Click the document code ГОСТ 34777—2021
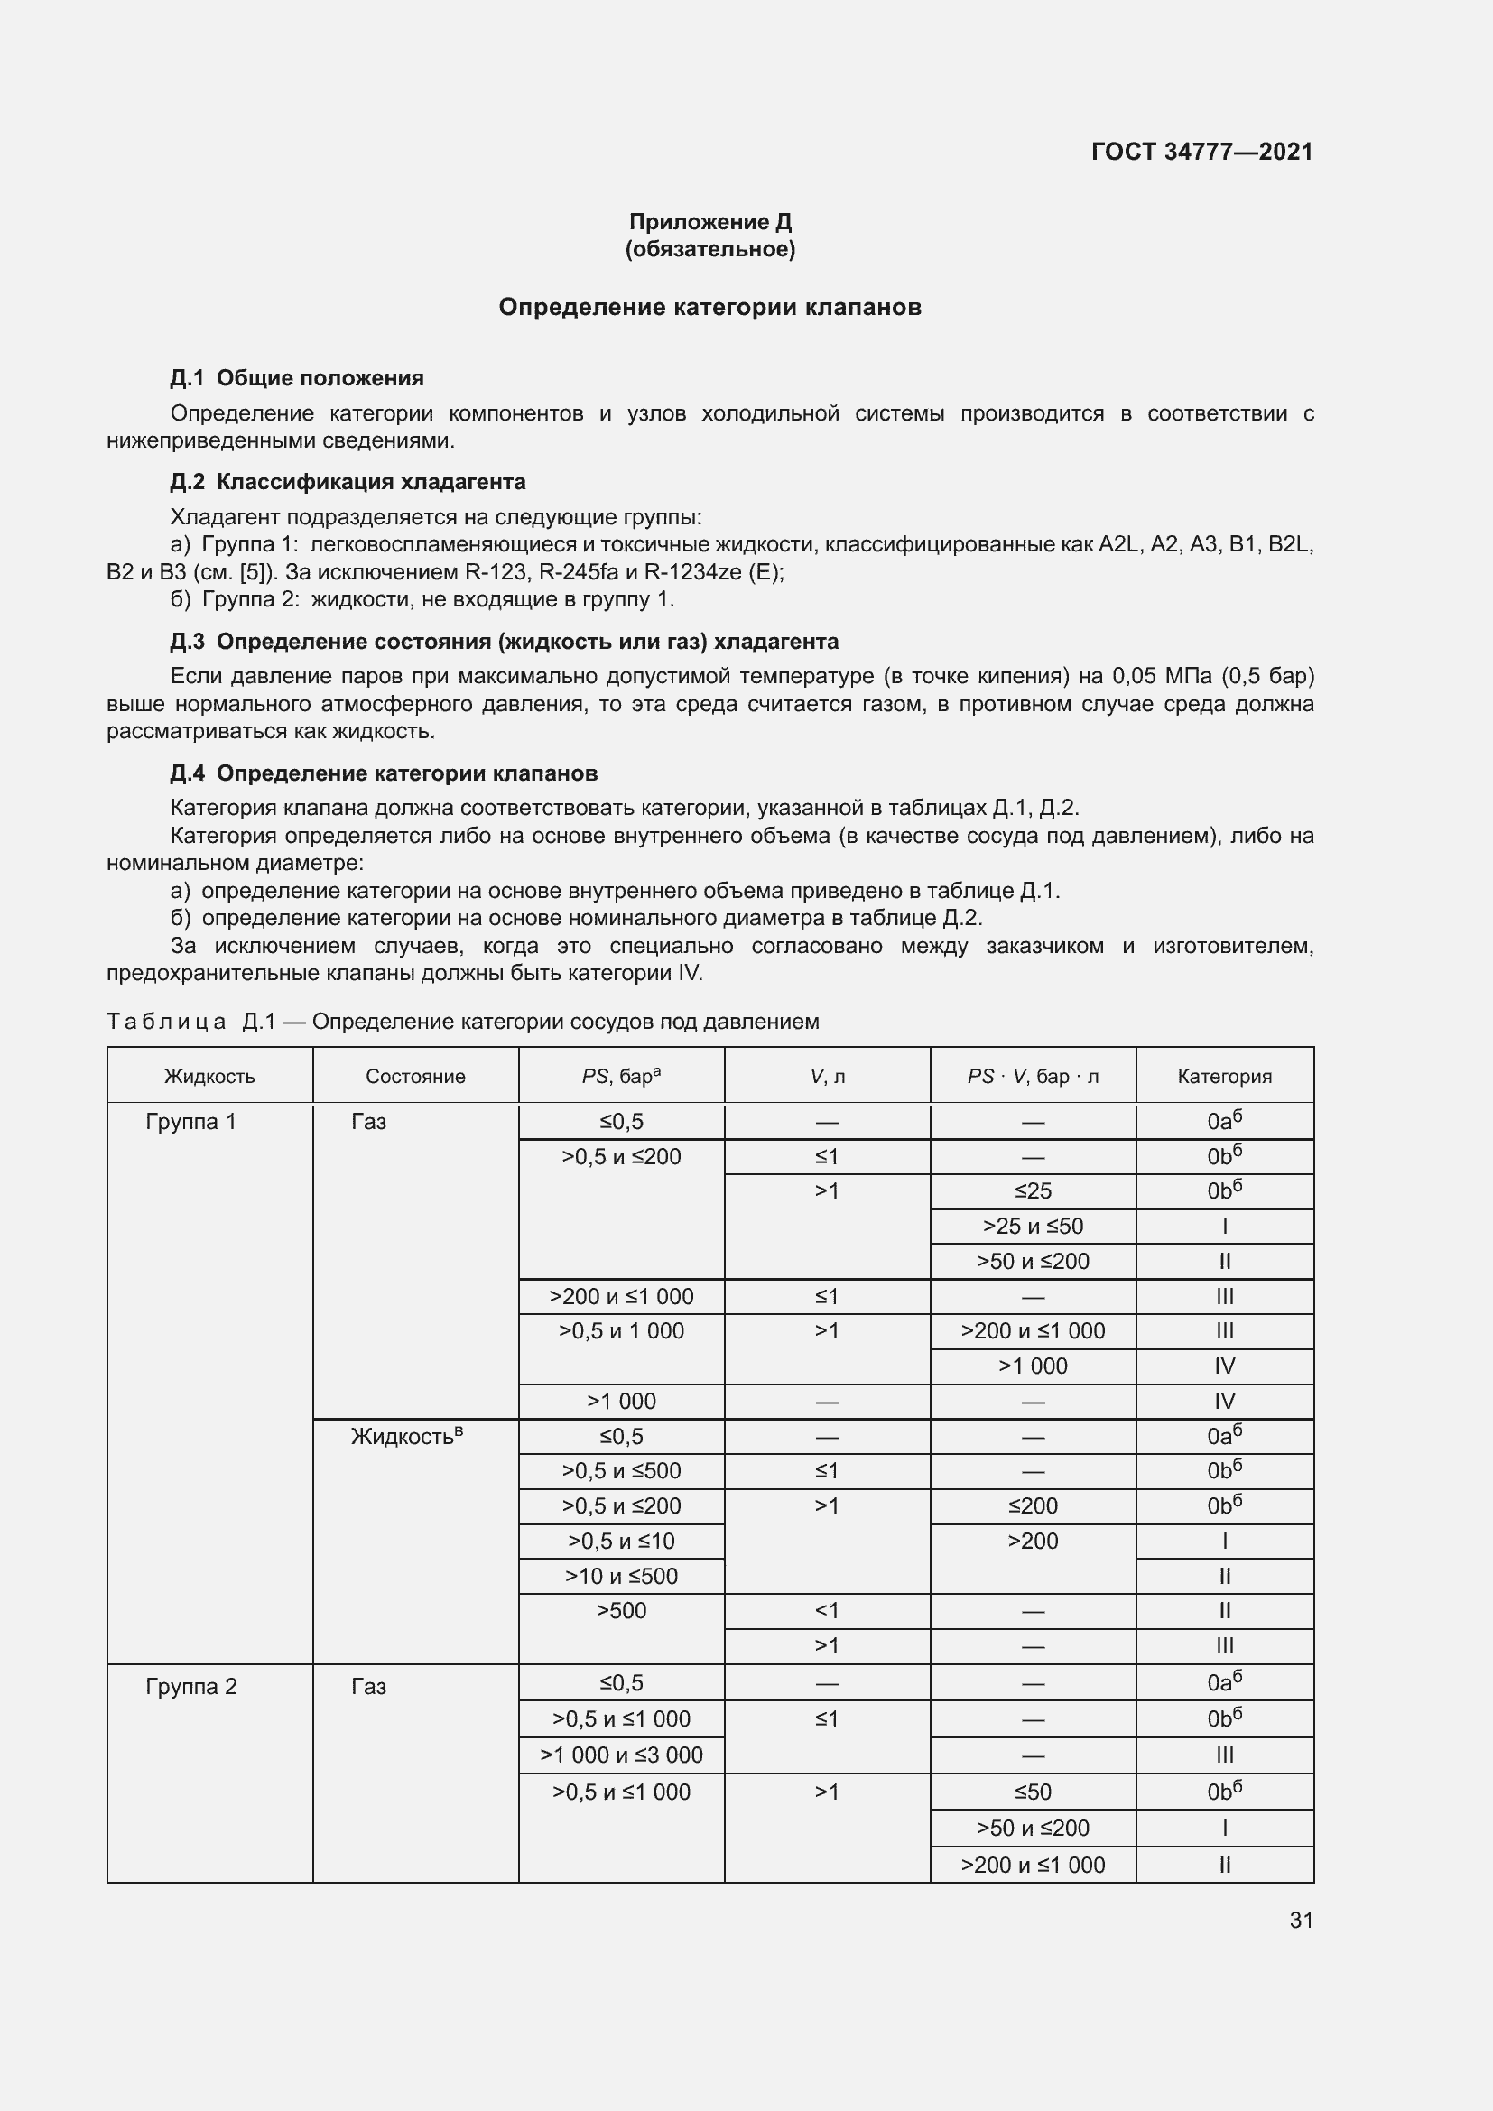1201,152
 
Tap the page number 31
1301,1920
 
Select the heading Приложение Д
709,222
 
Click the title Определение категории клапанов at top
709,307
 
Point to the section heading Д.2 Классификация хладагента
348,482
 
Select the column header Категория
1225,1076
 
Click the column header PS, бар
621,1076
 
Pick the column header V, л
828,1076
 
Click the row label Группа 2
191,1686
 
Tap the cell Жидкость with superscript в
406,1436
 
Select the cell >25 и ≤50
1033,1226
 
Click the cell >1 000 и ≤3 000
621,1755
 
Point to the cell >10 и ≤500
621,1576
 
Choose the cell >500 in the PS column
621,1610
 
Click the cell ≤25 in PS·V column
1033,1190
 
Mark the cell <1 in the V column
827,1610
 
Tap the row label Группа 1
191,1122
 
